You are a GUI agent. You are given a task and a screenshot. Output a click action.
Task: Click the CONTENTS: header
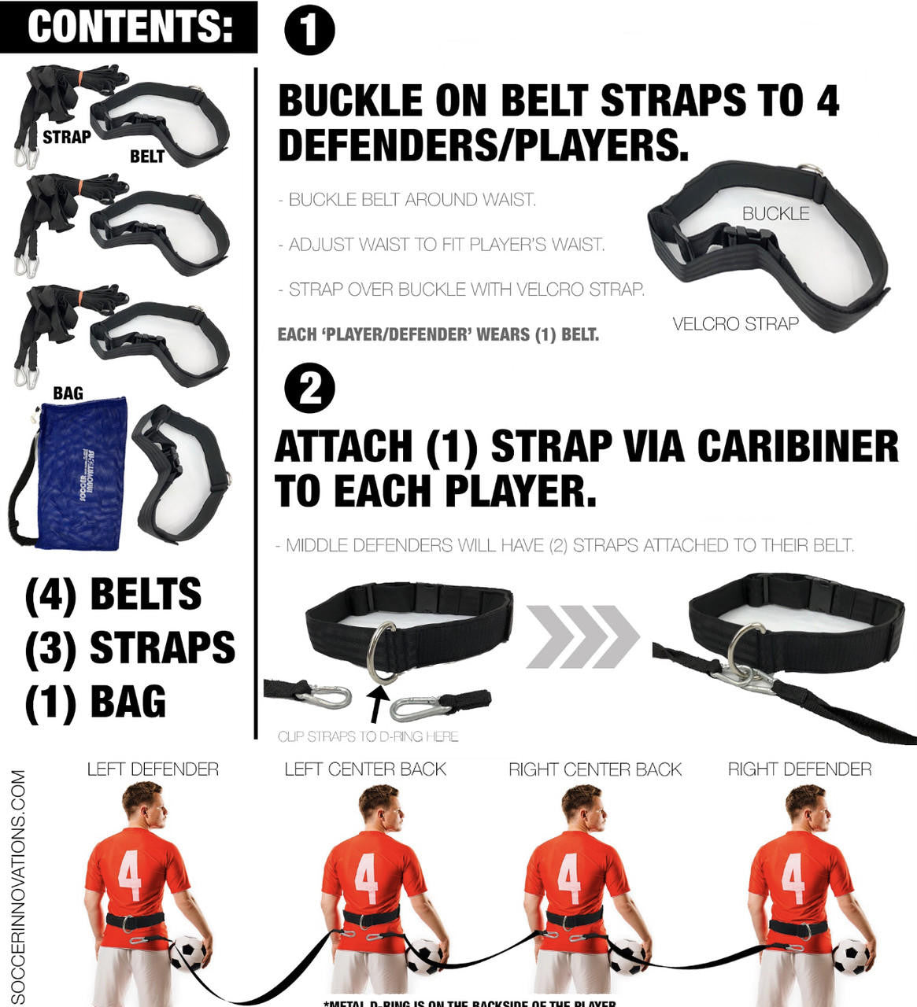[130, 26]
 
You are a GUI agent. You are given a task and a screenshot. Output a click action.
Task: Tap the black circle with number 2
[309, 389]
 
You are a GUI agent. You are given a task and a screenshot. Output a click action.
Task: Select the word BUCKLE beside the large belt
[775, 213]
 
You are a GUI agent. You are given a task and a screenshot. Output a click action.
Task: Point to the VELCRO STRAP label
[735, 323]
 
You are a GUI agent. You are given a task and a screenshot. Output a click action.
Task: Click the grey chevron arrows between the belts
[582, 636]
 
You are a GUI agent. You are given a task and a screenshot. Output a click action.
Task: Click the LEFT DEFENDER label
[153, 769]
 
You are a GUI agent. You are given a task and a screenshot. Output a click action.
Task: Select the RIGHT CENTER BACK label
[595, 769]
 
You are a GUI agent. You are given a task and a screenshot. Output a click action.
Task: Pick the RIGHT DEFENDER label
[800, 769]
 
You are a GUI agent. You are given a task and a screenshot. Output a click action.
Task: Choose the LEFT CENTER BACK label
[365, 769]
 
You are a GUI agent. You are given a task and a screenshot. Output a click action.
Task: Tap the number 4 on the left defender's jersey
[130, 875]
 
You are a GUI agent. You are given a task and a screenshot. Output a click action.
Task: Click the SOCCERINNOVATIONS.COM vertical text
[17, 885]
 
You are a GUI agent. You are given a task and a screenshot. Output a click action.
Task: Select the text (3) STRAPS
[130, 647]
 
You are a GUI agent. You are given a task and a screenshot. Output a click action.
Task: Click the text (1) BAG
[95, 702]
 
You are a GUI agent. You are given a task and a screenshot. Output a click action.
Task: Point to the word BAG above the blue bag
[68, 393]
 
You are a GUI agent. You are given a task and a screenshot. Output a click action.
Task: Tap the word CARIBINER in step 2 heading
[797, 446]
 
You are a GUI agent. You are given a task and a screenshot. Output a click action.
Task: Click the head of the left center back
[378, 804]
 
